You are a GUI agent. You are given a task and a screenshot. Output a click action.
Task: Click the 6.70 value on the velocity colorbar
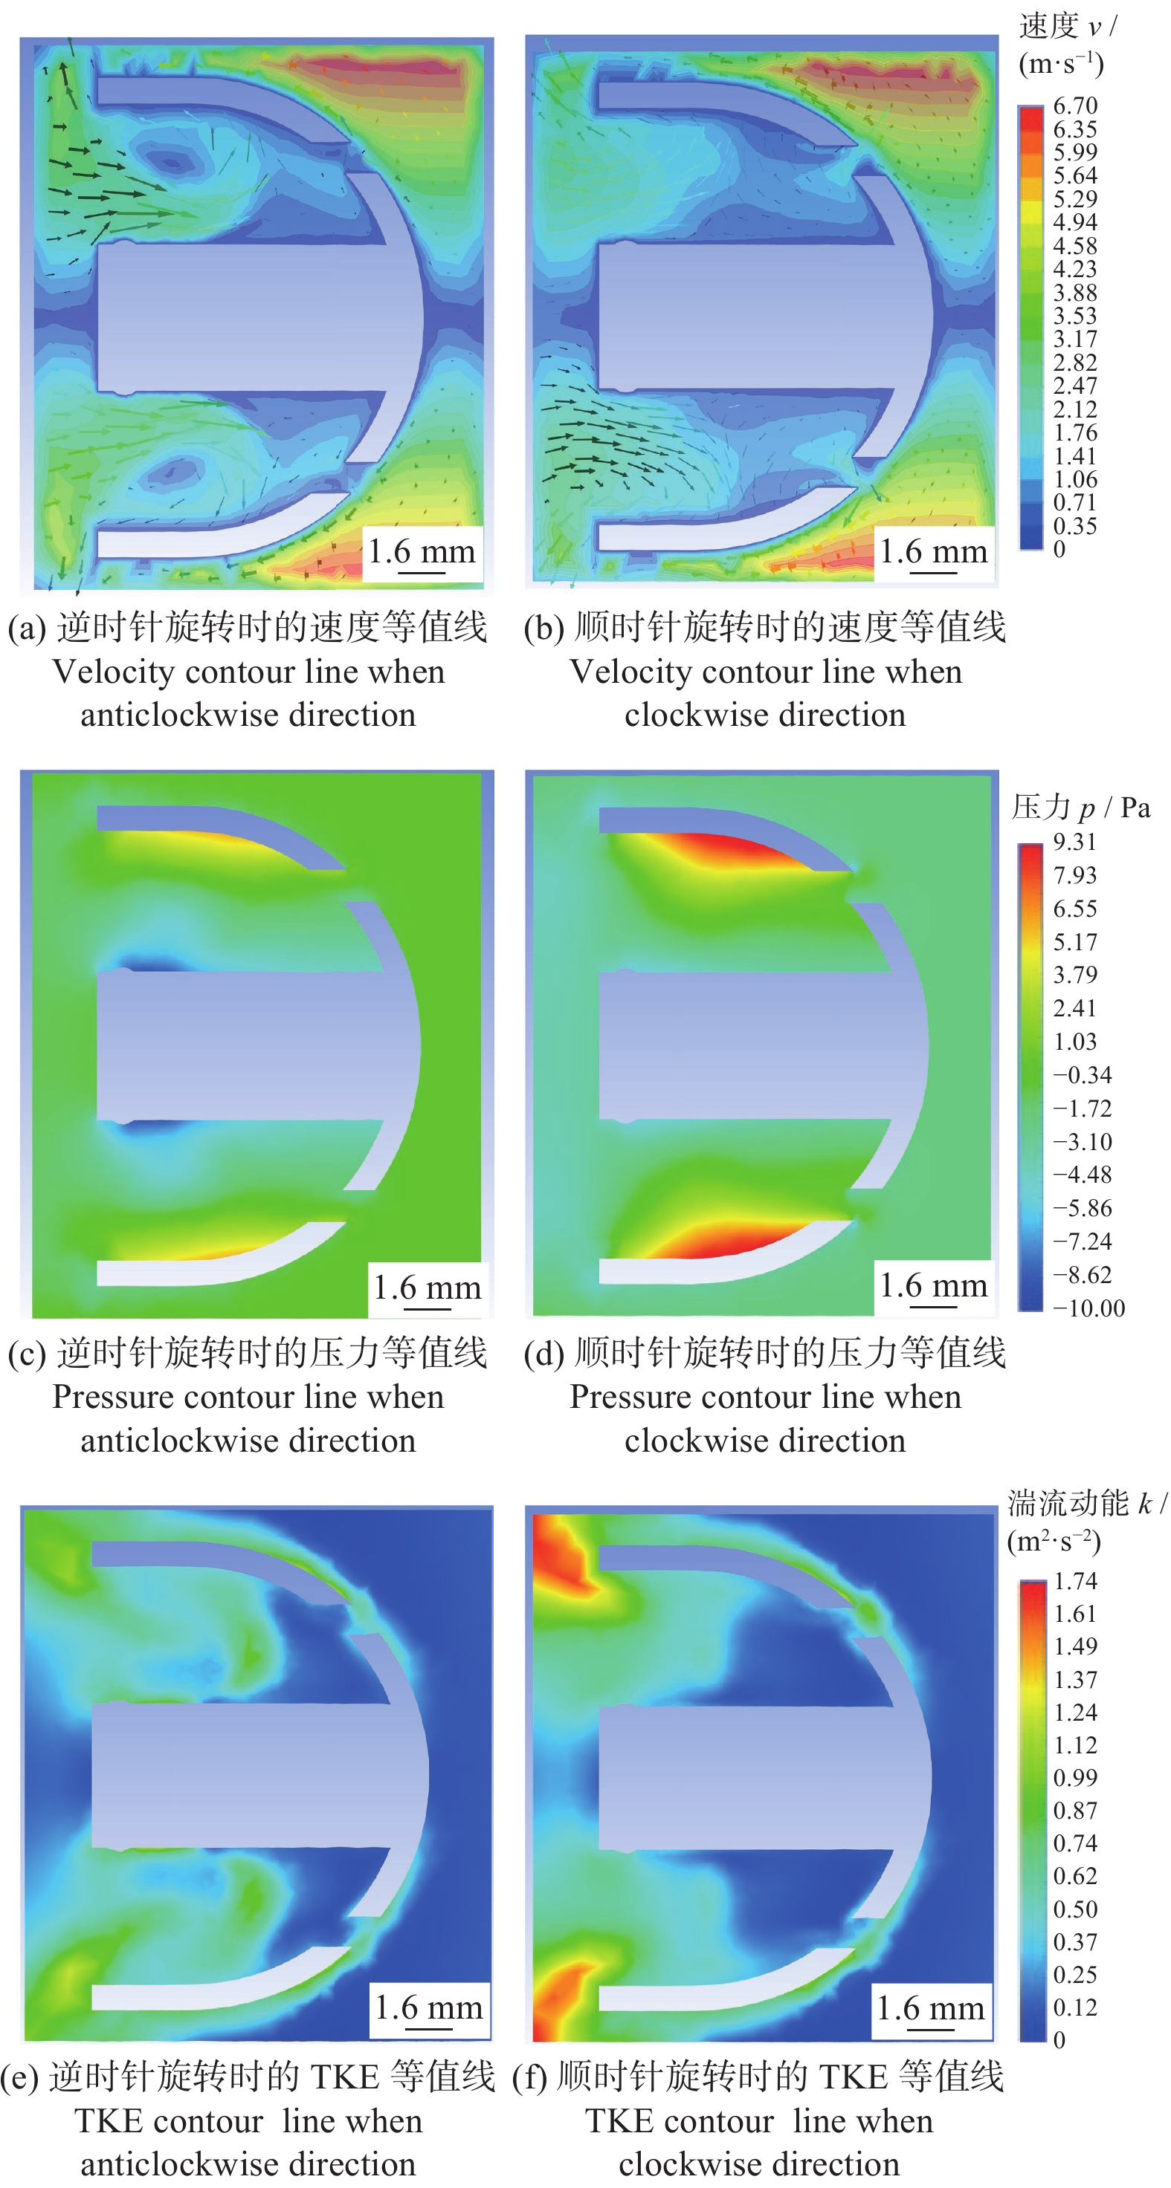pyautogui.click(x=1075, y=106)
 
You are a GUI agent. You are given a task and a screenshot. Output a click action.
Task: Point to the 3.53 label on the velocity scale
pyautogui.click(x=1075, y=316)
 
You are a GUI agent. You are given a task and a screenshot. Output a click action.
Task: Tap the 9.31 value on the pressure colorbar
pyautogui.click(x=1075, y=842)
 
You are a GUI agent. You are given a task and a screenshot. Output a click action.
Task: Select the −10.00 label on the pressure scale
pyautogui.click(x=1088, y=1308)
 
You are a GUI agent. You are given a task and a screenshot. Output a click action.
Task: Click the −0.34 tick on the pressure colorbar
pyautogui.click(x=1082, y=1075)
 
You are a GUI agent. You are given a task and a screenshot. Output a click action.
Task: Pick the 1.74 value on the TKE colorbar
pyautogui.click(x=1075, y=1581)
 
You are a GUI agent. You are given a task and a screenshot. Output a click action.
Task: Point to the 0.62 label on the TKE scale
pyautogui.click(x=1075, y=1875)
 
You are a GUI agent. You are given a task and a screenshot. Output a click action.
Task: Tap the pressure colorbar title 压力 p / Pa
pyautogui.click(x=1080, y=808)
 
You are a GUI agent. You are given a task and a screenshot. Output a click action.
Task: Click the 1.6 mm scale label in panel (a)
pyautogui.click(x=421, y=552)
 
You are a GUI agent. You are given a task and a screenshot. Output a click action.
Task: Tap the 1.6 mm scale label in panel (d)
pyautogui.click(x=932, y=1285)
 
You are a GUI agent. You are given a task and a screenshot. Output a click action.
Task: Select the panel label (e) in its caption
pyautogui.click(x=19, y=2077)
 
